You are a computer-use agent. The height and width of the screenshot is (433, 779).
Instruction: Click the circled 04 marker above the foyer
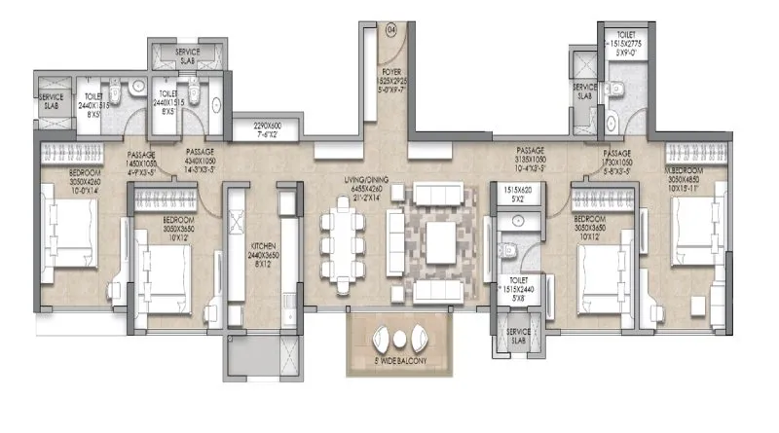pos(392,30)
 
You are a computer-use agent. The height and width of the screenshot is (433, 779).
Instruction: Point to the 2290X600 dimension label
pos(258,128)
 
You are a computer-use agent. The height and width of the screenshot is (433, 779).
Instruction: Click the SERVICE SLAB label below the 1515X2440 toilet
pos(516,337)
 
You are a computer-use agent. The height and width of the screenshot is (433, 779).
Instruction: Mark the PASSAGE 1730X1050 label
pos(616,160)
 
